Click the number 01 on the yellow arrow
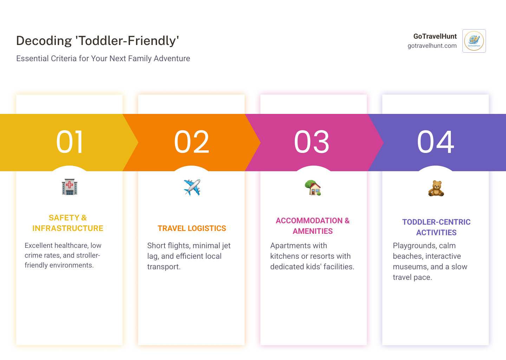[70, 142]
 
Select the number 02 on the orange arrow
[192, 142]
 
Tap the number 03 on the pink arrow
[312, 142]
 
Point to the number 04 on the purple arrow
[435, 142]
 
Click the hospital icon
[70, 187]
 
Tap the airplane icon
[192, 187]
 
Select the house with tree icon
[313, 188]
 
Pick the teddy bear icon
[436, 188]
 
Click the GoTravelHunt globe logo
[474, 41]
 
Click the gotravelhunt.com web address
[432, 46]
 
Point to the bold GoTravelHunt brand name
[435, 36]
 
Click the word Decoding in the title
[44, 41]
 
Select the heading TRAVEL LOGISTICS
[192, 229]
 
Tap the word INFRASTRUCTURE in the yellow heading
[68, 229]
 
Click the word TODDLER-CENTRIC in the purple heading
[436, 222]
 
